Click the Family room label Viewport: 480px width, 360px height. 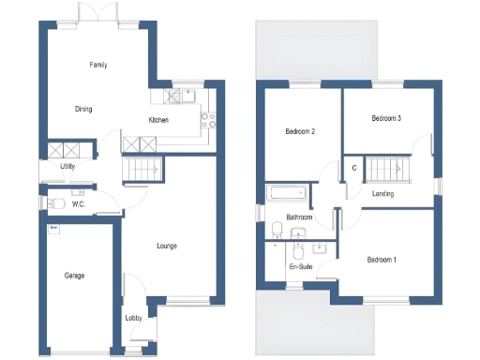pyautogui.click(x=97, y=66)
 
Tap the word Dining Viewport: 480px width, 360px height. pyautogui.click(x=83, y=109)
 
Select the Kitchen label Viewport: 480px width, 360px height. pyautogui.click(x=158, y=120)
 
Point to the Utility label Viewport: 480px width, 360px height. pyautogui.click(x=67, y=166)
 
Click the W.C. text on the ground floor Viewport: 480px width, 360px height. pyautogui.click(x=79, y=203)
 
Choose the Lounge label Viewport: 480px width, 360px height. pyautogui.click(x=166, y=246)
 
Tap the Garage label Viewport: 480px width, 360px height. pyautogui.click(x=74, y=276)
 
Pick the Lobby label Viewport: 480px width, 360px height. pyautogui.click(x=133, y=319)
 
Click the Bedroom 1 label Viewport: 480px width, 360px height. pyautogui.click(x=382, y=259)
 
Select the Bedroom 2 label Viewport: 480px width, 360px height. pyautogui.click(x=299, y=132)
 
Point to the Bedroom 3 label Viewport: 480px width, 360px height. pyautogui.click(x=386, y=119)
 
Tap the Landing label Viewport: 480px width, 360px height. pyautogui.click(x=382, y=194)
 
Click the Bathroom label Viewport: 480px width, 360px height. pyautogui.click(x=299, y=217)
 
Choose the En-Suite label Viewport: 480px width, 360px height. pyautogui.click(x=300, y=267)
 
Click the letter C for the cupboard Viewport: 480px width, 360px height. pyautogui.click(x=353, y=168)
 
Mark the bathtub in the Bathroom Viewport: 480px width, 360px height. pyautogui.click(x=286, y=194)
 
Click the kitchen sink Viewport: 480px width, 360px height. pyautogui.click(x=181, y=95)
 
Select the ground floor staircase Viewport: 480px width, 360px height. pyautogui.click(x=143, y=169)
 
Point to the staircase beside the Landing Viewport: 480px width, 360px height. pyautogui.click(x=386, y=170)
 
